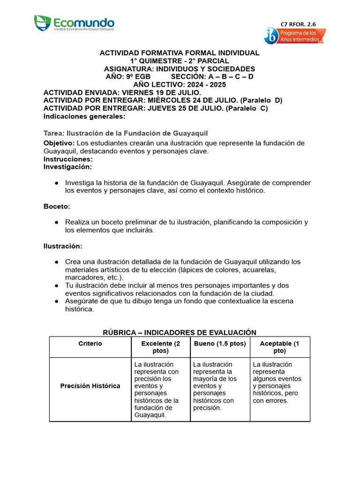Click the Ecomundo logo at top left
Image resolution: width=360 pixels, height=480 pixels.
[x=74, y=22]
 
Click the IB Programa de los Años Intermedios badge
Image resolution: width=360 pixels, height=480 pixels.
[x=294, y=36]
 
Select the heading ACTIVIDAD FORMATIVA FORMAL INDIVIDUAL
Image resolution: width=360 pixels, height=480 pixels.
[x=180, y=53]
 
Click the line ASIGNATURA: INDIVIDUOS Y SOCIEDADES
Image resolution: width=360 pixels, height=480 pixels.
[x=180, y=69]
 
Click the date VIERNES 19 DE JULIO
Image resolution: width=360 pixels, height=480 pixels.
[x=154, y=92]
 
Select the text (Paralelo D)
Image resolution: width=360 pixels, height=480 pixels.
[x=261, y=100]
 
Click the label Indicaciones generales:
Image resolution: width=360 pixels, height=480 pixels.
[x=84, y=116]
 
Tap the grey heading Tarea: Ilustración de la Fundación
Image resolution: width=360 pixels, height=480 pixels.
[x=126, y=133]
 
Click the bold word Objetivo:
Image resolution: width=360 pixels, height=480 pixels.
[x=59, y=143]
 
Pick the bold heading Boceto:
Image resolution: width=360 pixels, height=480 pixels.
[x=57, y=206]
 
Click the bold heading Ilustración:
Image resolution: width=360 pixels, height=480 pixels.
[x=63, y=246]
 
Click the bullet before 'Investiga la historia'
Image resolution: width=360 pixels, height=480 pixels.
[x=56, y=183]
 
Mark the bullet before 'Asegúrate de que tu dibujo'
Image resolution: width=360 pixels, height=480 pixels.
[x=56, y=301]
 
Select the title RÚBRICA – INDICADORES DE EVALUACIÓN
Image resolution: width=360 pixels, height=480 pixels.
[x=180, y=332]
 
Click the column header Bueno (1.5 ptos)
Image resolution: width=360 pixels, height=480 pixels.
[x=219, y=344]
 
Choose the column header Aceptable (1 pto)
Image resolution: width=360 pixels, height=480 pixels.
[x=279, y=347]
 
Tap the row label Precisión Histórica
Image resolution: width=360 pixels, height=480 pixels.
[x=90, y=386]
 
